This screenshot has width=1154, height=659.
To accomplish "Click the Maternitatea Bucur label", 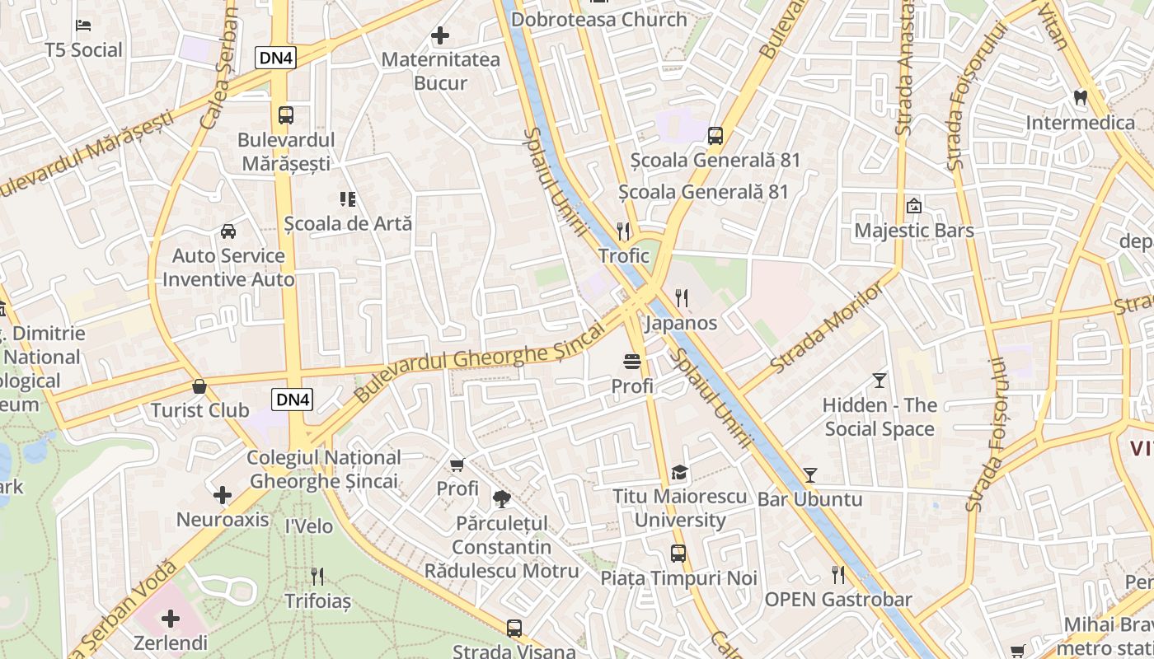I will pos(440,71).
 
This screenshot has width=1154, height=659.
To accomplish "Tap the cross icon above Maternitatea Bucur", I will pos(440,35).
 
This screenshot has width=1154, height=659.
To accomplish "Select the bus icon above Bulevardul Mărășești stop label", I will pos(286,115).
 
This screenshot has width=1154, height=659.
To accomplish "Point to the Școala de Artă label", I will pos(348,223).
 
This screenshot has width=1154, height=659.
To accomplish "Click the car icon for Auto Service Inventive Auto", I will pos(228,231).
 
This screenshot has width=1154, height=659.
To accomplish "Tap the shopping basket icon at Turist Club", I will pos(199,386).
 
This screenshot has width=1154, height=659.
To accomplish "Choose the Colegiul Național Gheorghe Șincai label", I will pos(324,469).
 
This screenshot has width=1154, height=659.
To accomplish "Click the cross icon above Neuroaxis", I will pos(223,495).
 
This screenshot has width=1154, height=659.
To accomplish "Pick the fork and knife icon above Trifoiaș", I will pos(317,577).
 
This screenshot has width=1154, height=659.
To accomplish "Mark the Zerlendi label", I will pos(171,643).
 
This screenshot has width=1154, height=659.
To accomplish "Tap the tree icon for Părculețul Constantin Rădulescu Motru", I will pos(501,498).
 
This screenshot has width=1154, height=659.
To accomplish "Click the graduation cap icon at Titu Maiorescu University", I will pos(679,473).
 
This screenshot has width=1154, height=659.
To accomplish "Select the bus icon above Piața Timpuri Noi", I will pos(678,554).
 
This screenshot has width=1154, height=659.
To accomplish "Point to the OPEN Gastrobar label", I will pos(838,599).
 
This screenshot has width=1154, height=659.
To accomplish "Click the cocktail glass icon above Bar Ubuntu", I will pos(810,475).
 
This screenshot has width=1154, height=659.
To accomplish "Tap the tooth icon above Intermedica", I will pos(1081,97).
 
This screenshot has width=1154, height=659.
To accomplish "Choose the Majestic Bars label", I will pos(913,230).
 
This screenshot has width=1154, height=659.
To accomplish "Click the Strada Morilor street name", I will pos(827,326).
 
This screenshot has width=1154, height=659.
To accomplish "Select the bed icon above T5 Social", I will pos(83,25).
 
